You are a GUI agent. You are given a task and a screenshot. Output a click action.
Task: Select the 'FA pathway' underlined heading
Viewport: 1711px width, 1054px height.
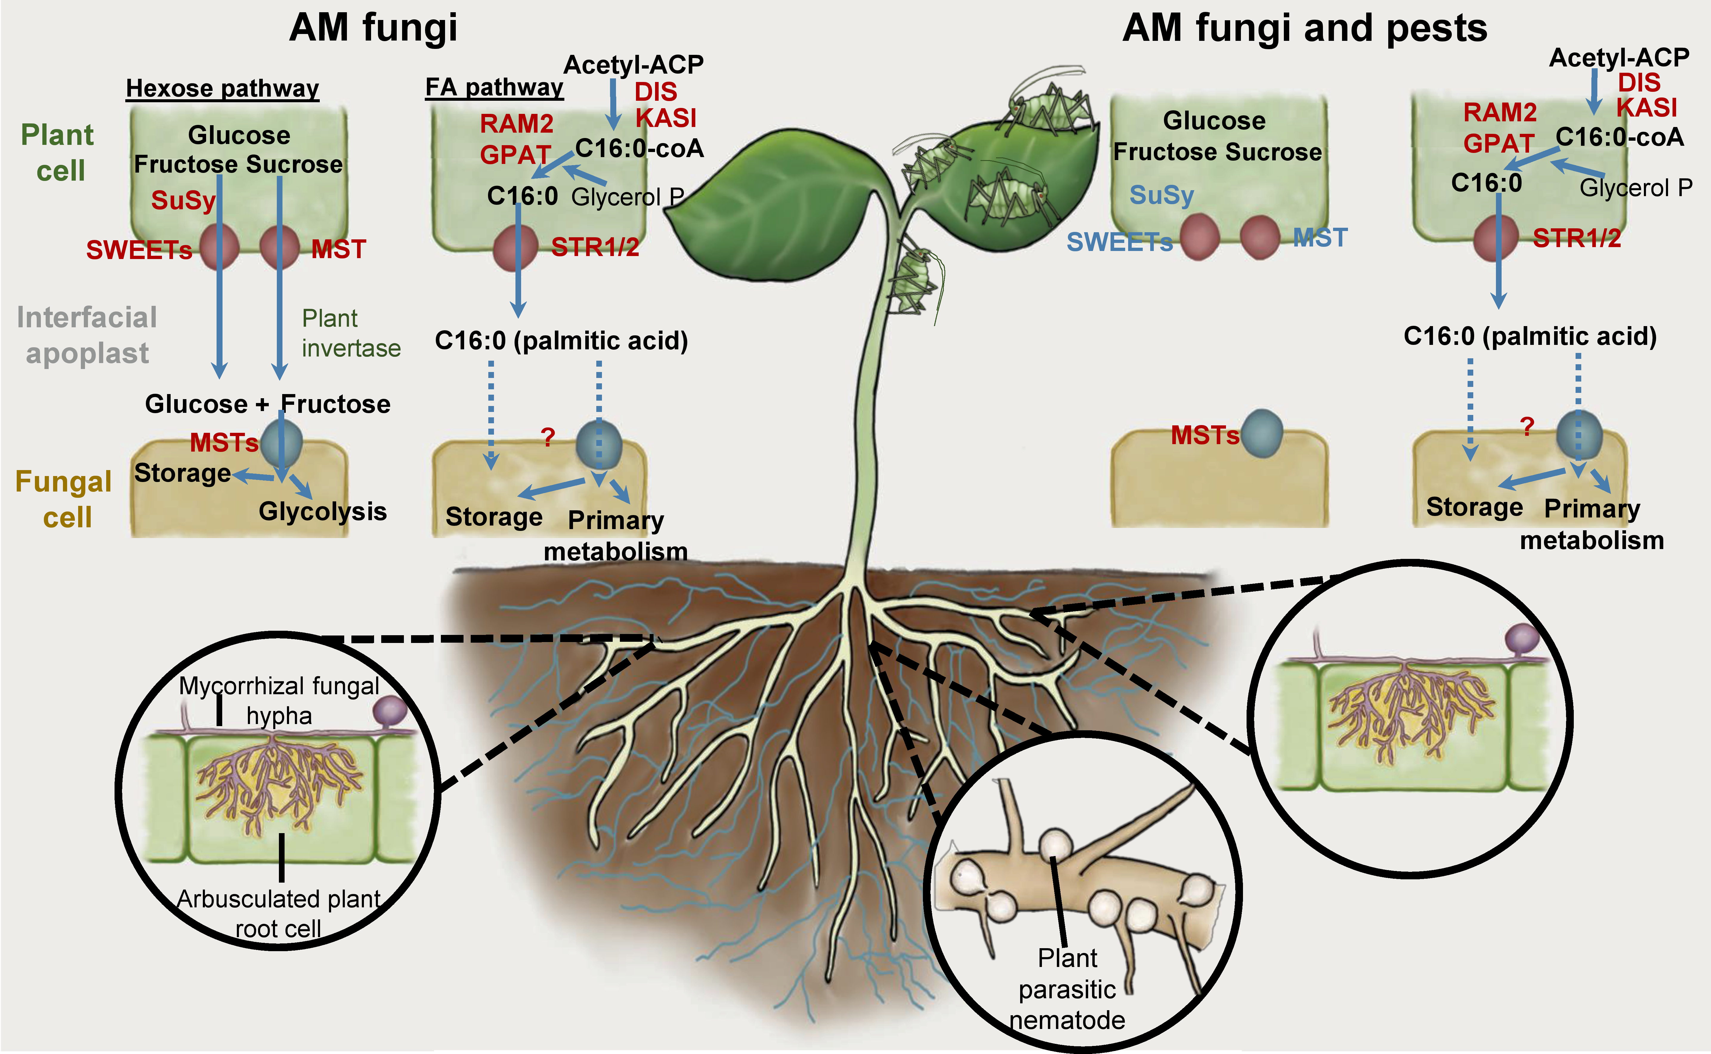tap(494, 87)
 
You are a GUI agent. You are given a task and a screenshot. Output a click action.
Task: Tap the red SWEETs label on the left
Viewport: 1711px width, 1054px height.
tap(139, 249)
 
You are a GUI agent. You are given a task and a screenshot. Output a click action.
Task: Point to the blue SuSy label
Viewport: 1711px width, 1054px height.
tap(1161, 195)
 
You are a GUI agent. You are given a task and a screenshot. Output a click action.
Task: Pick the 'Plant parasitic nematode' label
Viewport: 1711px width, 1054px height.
tap(1067, 988)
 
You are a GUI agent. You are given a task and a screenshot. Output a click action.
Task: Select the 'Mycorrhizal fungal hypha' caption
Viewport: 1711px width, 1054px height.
tap(279, 700)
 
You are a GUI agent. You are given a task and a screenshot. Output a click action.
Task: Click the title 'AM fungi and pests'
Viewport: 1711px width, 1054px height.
tap(1304, 29)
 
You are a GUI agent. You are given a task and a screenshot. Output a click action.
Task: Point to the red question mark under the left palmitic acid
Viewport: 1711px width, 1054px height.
tap(548, 437)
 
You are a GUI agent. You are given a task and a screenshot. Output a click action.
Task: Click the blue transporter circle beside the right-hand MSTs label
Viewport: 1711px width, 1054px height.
tap(1262, 434)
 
